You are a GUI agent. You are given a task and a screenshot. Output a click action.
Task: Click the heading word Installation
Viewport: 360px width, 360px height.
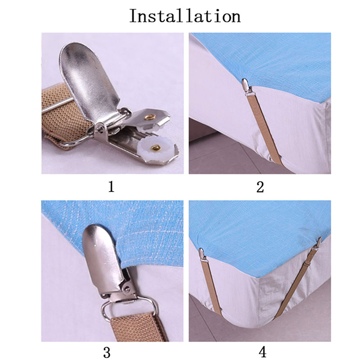185,16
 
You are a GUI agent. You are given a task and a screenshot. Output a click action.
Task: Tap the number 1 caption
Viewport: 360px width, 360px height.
111,186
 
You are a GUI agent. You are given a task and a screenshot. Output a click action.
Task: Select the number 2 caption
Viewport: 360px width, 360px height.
260,187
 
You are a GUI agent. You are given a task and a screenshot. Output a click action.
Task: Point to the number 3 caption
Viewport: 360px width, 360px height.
107,352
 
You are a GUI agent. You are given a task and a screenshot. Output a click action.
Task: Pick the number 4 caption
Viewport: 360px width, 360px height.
262,352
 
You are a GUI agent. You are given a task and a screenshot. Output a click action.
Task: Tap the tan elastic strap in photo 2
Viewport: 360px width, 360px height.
266,129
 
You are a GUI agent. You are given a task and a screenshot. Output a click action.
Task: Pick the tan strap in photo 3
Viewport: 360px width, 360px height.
138,326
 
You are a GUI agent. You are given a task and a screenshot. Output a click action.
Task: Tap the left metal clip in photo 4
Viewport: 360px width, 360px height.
202,255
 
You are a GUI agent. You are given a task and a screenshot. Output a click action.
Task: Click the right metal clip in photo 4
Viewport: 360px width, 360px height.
317,245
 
